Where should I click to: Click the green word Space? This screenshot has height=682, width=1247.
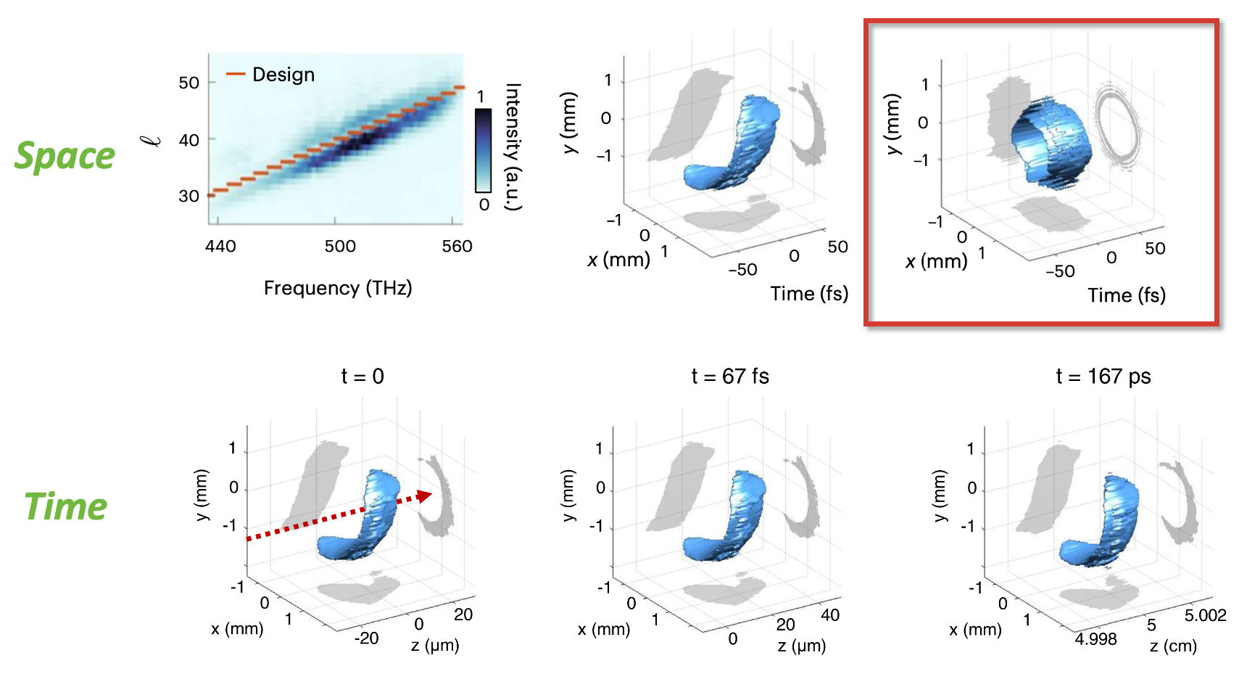pos(65,156)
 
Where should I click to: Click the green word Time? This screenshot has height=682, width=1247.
pos(66,506)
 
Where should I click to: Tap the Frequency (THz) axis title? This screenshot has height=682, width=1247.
pos(338,288)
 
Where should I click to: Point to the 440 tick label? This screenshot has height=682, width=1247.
pos(220,247)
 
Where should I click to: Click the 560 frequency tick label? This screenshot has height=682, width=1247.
pos(457,247)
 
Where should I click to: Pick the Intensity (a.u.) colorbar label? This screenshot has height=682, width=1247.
pos(513,147)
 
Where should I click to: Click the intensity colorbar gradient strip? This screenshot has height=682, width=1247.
pos(484,150)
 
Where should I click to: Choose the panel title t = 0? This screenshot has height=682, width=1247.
pos(362,377)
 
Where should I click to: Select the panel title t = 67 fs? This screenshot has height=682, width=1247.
pos(729,377)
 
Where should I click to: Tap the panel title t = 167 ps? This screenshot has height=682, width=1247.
pos(1103,377)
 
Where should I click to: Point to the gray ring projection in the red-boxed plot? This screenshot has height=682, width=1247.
pos(1117,126)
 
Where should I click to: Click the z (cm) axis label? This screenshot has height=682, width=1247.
pos(1173,646)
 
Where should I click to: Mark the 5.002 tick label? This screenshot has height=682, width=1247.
pos(1205,616)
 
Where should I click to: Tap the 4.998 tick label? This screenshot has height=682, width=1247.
pos(1095,639)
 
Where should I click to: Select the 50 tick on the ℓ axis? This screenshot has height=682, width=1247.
pos(188,83)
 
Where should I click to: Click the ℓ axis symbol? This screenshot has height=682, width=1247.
pos(153,139)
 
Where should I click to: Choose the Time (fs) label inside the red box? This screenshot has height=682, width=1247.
pos(1127,295)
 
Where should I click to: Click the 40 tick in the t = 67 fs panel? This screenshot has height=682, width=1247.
pos(830,615)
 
